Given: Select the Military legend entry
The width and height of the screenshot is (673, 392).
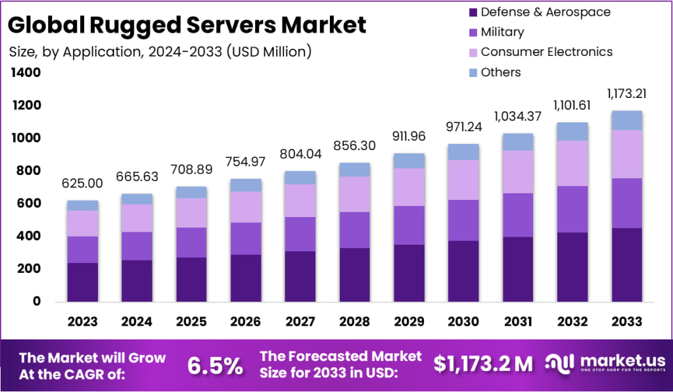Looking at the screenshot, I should [502, 32].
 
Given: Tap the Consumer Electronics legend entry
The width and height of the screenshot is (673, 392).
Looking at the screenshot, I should [546, 52].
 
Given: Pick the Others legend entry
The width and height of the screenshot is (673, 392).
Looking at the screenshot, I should [500, 72].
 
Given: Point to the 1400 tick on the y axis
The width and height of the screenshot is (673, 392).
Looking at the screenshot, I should [25, 73].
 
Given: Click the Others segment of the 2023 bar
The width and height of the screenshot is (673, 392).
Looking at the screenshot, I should [82, 205].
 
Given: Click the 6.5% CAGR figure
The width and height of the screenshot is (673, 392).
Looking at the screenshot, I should [214, 366].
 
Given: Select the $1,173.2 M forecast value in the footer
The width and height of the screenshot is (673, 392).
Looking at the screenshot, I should [483, 364].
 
